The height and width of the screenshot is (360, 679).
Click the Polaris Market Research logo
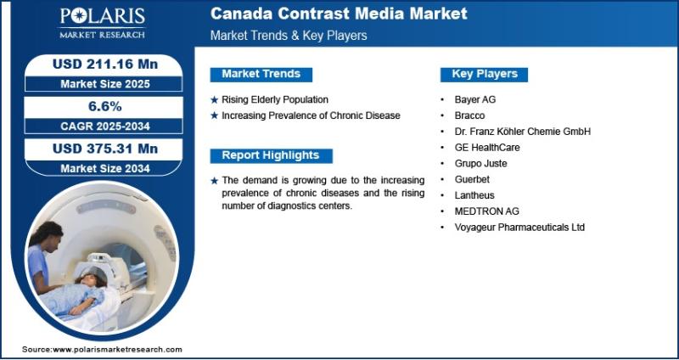102,23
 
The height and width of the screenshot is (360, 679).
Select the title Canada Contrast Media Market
339,14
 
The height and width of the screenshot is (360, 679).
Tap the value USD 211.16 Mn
105,65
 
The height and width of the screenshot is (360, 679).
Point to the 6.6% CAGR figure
105,107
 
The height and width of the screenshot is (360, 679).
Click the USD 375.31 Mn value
105,149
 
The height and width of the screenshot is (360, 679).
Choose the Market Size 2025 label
105,84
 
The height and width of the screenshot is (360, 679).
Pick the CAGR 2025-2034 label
105,126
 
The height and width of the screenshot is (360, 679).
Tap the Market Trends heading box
261,74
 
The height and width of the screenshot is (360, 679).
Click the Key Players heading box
484,74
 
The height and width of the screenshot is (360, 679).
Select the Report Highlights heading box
271,155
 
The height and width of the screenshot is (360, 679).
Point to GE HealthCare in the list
487,147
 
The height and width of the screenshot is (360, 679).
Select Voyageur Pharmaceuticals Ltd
519,227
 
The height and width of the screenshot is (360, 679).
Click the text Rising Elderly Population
275,99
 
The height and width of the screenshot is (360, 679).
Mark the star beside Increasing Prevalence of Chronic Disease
215,115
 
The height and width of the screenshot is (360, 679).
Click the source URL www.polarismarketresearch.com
117,350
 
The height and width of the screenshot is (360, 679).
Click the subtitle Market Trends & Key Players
289,36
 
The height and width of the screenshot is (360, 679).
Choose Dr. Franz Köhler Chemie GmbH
523,132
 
